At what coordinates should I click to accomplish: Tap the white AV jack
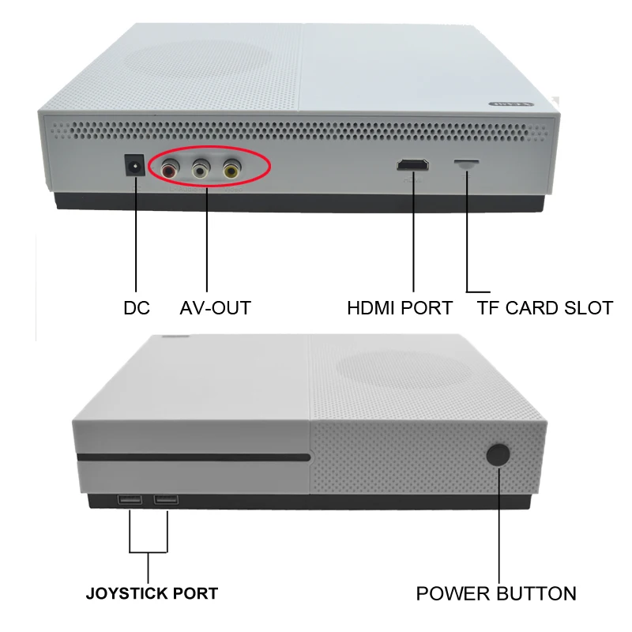(200, 168)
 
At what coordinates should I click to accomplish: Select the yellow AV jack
(231, 168)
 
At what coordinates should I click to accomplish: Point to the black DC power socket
(136, 167)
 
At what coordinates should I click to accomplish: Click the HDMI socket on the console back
(412, 166)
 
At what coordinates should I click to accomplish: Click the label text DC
(137, 308)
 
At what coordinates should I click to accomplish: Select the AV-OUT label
(215, 308)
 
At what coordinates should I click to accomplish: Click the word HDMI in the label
(374, 308)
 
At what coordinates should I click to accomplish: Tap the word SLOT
(590, 308)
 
